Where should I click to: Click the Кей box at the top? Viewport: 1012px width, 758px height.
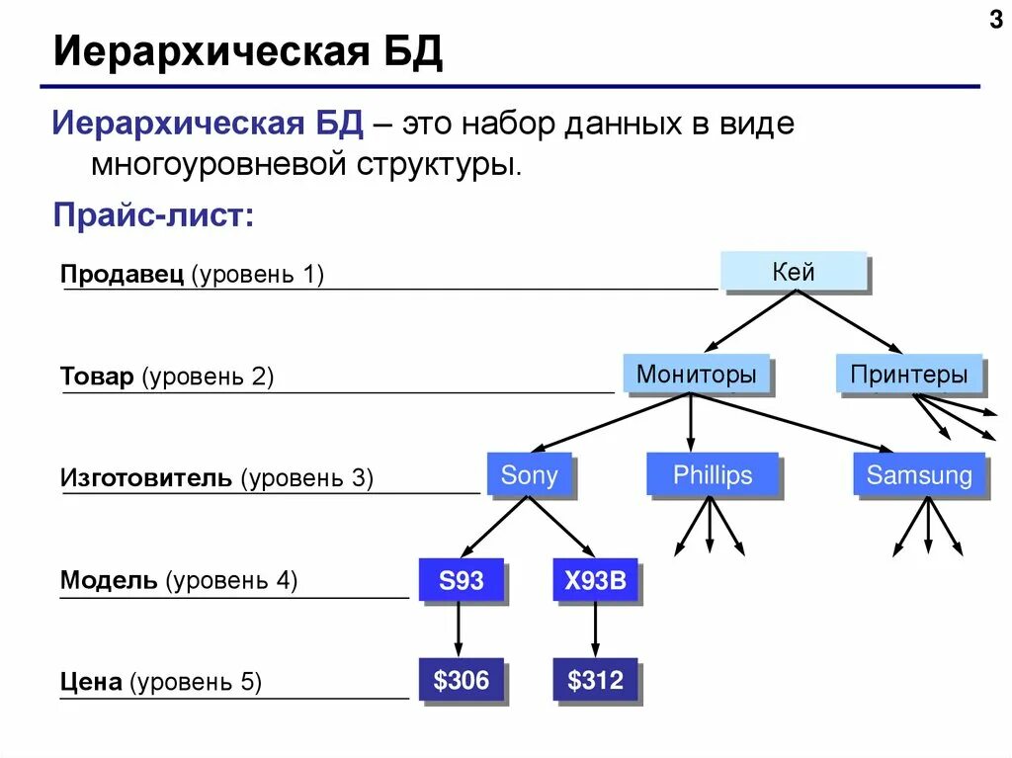794,272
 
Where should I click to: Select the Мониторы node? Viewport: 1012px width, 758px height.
696,375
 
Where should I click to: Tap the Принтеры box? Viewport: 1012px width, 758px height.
909,375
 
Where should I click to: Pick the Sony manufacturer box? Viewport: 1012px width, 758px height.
529,475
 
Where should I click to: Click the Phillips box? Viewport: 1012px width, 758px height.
712,475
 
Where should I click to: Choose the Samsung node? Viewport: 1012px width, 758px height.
919,475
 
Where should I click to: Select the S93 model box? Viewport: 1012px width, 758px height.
461,580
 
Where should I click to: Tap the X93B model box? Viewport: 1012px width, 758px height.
595,580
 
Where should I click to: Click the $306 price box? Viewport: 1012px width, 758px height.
461,680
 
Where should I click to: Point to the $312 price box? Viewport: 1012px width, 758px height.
595,680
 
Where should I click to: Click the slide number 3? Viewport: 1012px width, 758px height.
995,20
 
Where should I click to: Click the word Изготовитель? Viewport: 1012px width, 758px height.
145,478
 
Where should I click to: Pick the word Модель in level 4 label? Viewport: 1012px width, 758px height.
108,580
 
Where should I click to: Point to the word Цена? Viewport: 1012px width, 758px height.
91,682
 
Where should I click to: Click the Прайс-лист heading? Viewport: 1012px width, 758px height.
153,214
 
